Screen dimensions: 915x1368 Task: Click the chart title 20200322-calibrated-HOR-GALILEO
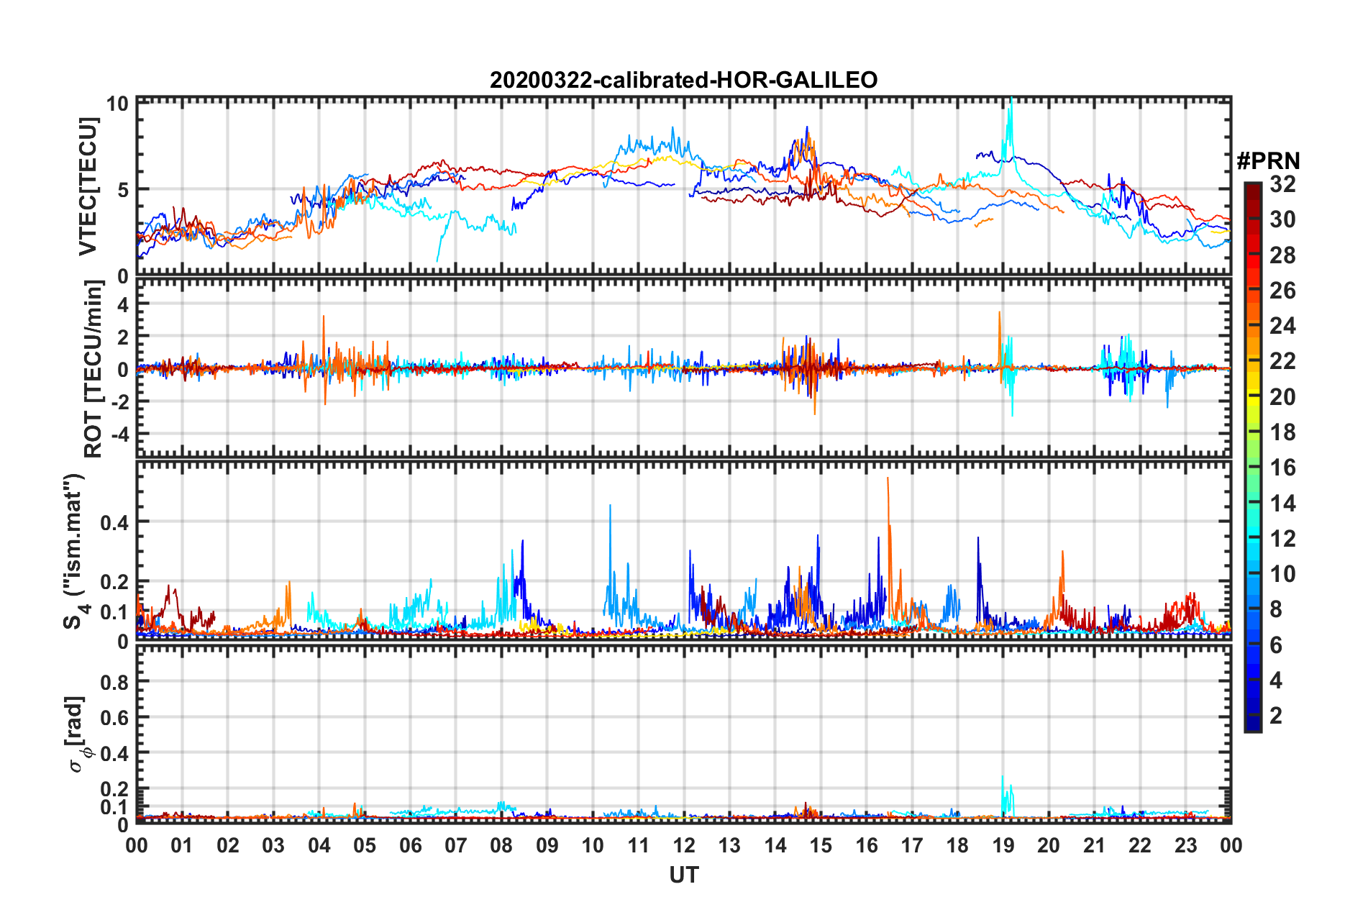tap(683, 80)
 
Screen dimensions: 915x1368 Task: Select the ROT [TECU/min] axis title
tap(94, 369)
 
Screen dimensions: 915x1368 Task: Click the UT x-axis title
tap(683, 875)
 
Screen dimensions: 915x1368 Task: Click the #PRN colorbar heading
tap(1268, 161)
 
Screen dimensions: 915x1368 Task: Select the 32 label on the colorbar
tap(1282, 184)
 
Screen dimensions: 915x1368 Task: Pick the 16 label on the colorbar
tap(1282, 468)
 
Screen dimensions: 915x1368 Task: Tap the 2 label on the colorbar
tap(1276, 716)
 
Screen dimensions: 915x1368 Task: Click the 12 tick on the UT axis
tap(684, 845)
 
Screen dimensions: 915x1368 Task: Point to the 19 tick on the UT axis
tap(1003, 845)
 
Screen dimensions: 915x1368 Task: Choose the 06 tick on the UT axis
tap(410, 845)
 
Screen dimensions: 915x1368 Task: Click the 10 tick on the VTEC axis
tap(117, 104)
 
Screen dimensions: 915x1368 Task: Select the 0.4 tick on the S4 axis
tap(114, 522)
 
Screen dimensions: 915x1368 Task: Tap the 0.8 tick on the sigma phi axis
tap(114, 682)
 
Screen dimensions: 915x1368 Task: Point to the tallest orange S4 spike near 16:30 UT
tap(888, 479)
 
